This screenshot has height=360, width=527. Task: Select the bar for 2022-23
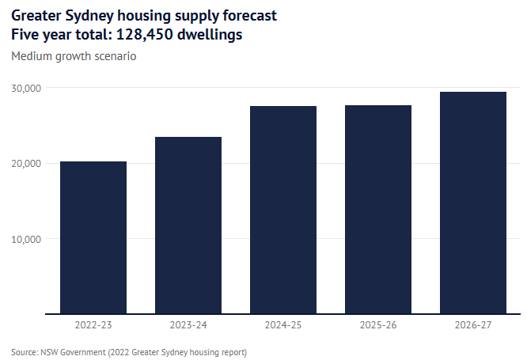[93, 237]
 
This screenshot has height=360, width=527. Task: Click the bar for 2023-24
[188, 225]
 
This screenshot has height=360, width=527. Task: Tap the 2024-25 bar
[283, 210]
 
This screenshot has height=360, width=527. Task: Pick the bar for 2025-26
[378, 210]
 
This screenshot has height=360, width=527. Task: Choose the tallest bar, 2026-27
[473, 203]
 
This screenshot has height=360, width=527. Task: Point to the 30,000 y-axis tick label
[27, 88]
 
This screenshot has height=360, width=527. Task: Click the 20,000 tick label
[27, 163]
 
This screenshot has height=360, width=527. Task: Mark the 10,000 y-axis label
[27, 239]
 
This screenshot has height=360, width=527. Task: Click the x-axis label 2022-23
[93, 325]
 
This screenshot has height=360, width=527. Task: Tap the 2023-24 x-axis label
[188, 325]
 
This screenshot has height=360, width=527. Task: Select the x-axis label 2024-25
[283, 325]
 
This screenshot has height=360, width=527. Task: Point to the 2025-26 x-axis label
[378, 325]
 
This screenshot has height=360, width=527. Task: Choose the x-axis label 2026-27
[473, 325]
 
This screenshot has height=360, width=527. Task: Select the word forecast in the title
[248, 16]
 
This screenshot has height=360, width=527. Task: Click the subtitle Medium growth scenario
[74, 57]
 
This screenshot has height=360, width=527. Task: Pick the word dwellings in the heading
[212, 36]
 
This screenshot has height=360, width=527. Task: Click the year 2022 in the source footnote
[131, 351]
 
